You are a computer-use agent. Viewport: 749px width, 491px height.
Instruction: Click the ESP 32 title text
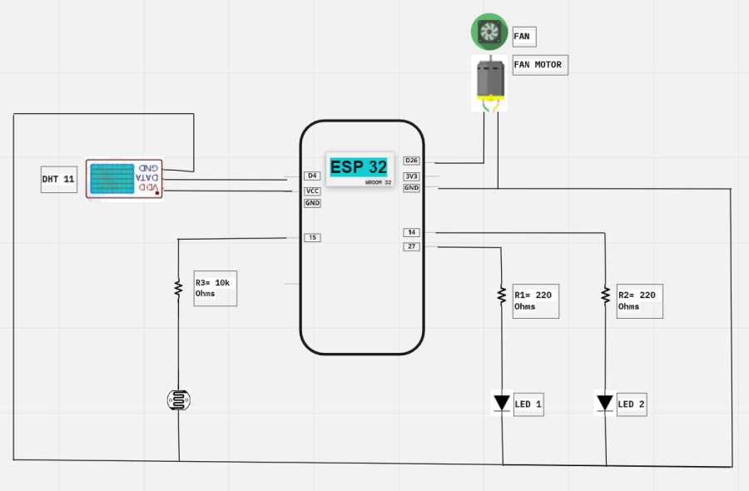click(359, 166)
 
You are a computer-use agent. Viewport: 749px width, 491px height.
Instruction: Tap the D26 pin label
click(412, 161)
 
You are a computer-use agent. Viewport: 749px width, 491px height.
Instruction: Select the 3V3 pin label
click(412, 176)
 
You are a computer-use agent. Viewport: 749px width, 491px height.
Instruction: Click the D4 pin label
click(312, 176)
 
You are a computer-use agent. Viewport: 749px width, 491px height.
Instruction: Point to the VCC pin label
click(312, 191)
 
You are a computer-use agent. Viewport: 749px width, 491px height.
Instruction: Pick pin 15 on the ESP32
click(312, 238)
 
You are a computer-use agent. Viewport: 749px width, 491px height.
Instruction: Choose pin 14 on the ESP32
click(412, 232)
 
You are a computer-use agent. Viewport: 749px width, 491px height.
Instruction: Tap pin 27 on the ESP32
click(412, 246)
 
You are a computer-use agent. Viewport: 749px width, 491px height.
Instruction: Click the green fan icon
click(489, 32)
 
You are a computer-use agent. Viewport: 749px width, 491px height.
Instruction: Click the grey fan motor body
click(491, 80)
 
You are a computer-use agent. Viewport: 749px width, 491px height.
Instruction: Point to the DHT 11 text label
click(59, 179)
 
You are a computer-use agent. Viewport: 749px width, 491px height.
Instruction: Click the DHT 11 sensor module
click(124, 179)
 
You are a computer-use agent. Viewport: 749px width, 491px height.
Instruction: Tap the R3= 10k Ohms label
click(216, 288)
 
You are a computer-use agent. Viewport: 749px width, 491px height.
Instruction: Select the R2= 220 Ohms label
click(639, 300)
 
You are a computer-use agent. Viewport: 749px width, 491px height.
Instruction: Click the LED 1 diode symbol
click(501, 404)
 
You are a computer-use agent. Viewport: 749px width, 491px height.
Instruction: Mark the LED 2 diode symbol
click(605, 404)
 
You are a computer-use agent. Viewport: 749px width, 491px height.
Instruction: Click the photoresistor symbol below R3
click(178, 401)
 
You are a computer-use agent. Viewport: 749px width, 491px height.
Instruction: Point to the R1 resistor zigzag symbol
click(502, 295)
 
